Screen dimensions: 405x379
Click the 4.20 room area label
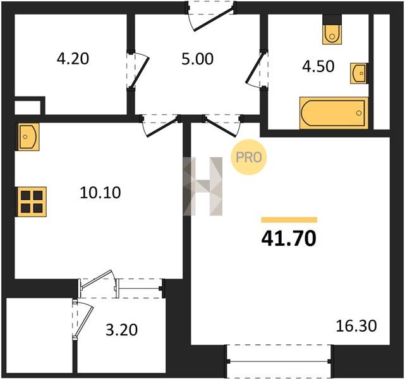[x=73, y=59]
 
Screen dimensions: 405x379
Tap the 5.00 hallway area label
[x=197, y=59]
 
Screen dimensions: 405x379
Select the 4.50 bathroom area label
[x=318, y=66]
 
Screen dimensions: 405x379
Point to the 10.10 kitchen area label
[x=100, y=193]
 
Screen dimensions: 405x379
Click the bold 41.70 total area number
[x=289, y=238]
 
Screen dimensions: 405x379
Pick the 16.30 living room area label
[x=356, y=326]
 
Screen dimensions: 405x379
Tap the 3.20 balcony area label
[x=122, y=330]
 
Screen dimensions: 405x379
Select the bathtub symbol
[x=334, y=113]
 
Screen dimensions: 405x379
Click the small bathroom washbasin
[x=359, y=73]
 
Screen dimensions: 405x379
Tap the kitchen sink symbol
[x=28, y=136]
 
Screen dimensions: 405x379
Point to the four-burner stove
[x=32, y=202]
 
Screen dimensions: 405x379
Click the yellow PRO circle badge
[x=248, y=157]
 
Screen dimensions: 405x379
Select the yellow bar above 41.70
[x=289, y=220]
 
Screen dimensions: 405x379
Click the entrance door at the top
[x=210, y=16]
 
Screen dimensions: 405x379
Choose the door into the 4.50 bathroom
[x=257, y=70]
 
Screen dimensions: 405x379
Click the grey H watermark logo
[x=202, y=186]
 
